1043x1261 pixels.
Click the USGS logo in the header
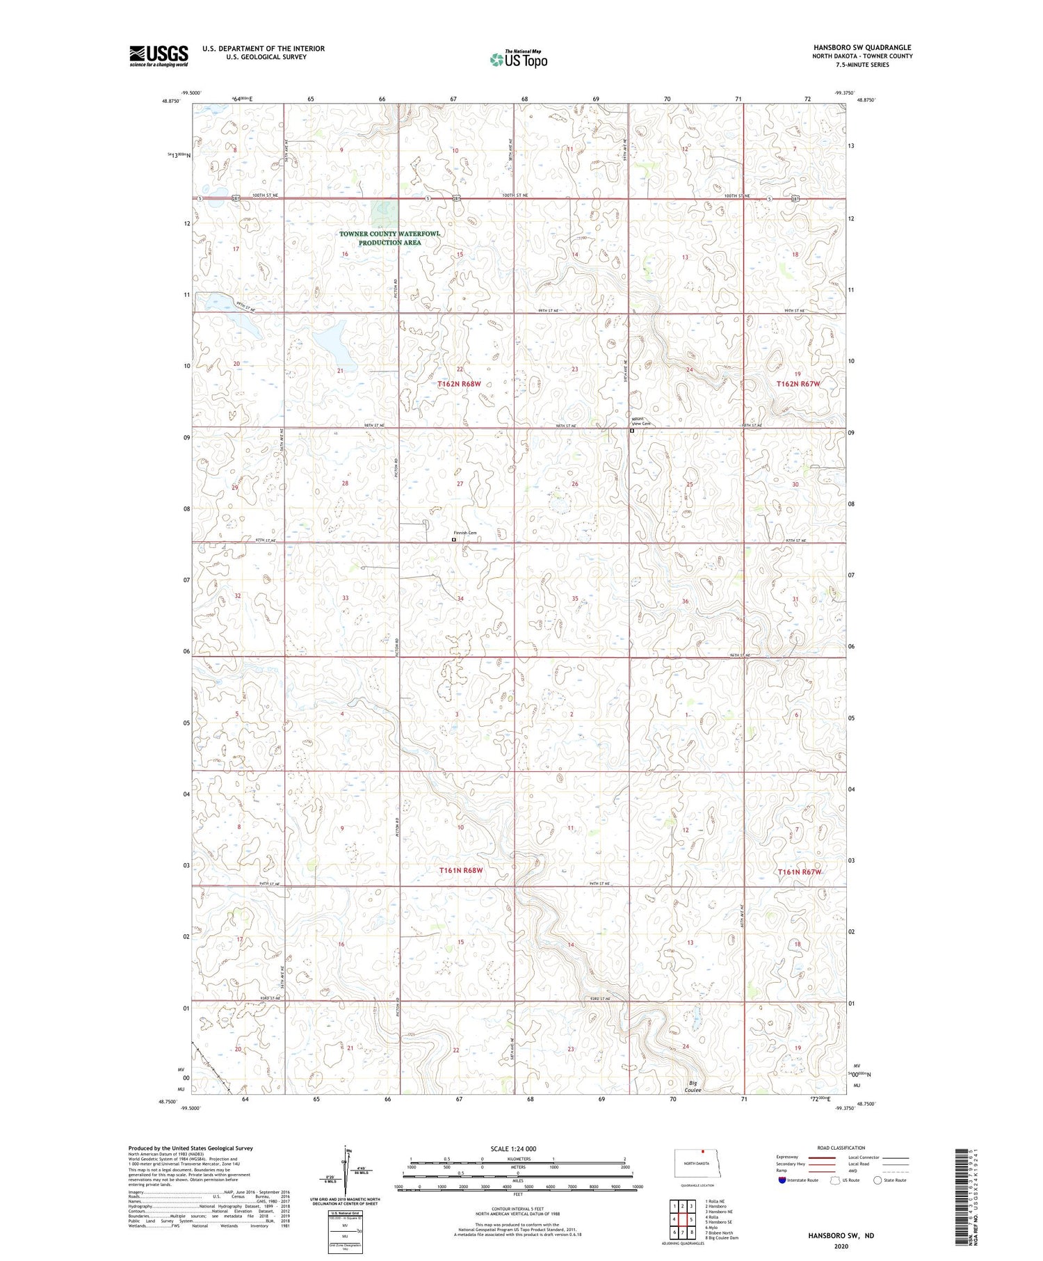coord(159,56)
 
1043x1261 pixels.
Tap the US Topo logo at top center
coord(518,60)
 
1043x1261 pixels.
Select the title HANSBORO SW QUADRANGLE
coord(862,47)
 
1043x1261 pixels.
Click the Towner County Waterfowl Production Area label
coord(389,238)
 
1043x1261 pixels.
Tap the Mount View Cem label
coord(641,421)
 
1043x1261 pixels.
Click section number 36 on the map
coord(686,601)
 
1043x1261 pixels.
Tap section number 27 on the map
coord(460,483)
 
